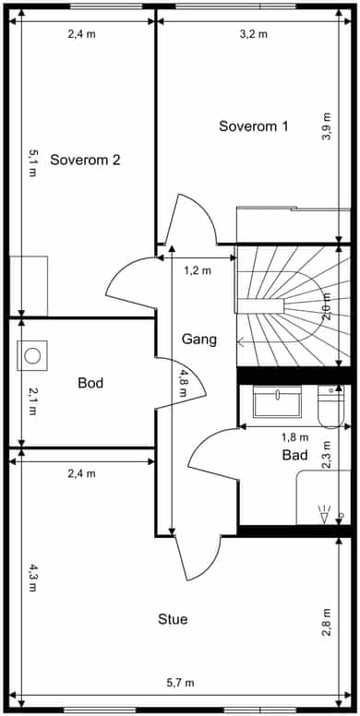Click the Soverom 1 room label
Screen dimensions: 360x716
[x=254, y=126]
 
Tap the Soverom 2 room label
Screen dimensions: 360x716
[x=85, y=160]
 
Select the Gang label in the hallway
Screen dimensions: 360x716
[x=198, y=340]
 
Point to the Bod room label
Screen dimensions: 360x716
[x=90, y=383]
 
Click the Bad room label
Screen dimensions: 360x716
[x=294, y=455]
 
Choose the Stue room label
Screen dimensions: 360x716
[x=173, y=619]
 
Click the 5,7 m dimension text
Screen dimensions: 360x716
[x=180, y=683]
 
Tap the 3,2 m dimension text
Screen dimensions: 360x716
[x=254, y=34]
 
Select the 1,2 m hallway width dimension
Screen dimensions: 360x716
[x=198, y=270]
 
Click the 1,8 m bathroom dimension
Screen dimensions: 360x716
[x=294, y=437]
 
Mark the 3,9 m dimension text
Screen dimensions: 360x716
[x=327, y=126]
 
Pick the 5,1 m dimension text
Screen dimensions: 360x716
[x=32, y=163]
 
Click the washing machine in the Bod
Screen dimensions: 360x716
[x=32, y=355]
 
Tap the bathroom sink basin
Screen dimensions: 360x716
[x=277, y=401]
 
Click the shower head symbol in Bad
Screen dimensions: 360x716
[x=325, y=516]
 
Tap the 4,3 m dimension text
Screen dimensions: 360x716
[x=32, y=578]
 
